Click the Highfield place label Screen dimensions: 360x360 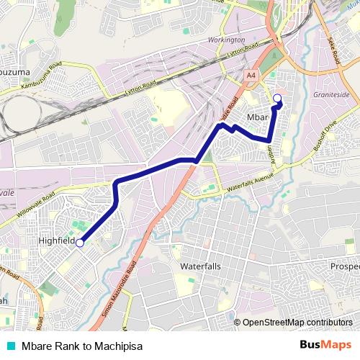[57, 241]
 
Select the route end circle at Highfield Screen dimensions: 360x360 [80, 243]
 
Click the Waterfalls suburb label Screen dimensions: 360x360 [201, 266]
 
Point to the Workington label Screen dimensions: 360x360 [226, 40]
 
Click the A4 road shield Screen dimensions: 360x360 [250, 74]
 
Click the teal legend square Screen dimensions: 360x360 [10, 346]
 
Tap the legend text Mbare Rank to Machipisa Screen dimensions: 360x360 [82, 346]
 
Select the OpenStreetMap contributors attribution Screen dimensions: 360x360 [297, 322]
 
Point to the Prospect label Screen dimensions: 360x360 [345, 266]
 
